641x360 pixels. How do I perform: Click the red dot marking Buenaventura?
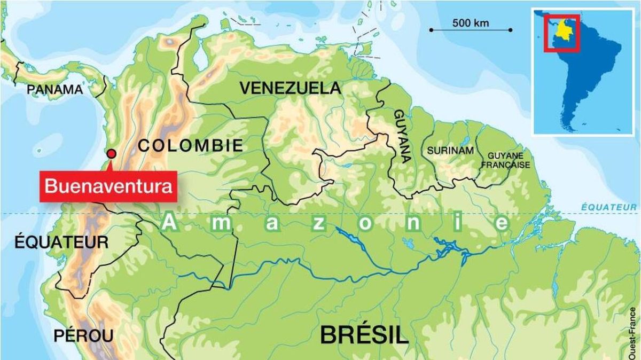(x=111, y=154)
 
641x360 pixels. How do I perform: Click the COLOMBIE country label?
(x=190, y=145)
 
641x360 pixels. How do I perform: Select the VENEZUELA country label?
(x=290, y=88)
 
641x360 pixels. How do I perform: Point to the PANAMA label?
(x=55, y=89)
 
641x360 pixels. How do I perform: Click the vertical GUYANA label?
(x=402, y=136)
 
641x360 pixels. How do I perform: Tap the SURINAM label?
(x=450, y=151)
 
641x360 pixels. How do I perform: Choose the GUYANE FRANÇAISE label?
(x=504, y=159)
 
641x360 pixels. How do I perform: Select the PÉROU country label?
(x=83, y=336)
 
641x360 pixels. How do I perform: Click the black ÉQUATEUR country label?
(x=61, y=242)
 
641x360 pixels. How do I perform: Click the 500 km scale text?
(x=470, y=23)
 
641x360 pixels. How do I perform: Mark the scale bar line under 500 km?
(x=470, y=30)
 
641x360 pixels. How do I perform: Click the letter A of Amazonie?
(x=169, y=223)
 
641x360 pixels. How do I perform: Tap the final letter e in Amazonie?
(x=502, y=224)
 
